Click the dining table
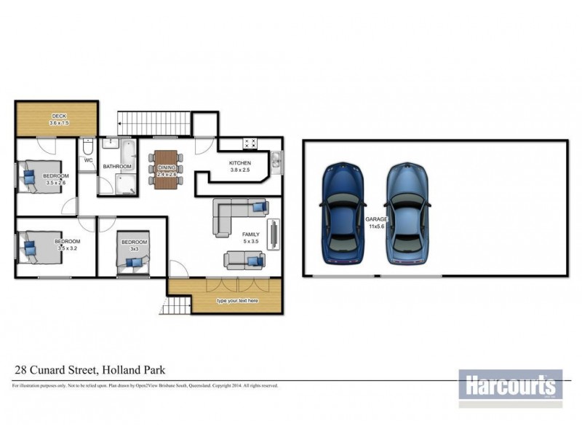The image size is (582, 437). point(167,169)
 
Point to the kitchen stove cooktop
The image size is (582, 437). point(250,143)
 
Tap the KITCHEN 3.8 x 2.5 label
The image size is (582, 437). point(240,166)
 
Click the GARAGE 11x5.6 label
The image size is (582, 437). point(377,222)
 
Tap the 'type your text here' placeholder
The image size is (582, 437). point(236,301)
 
